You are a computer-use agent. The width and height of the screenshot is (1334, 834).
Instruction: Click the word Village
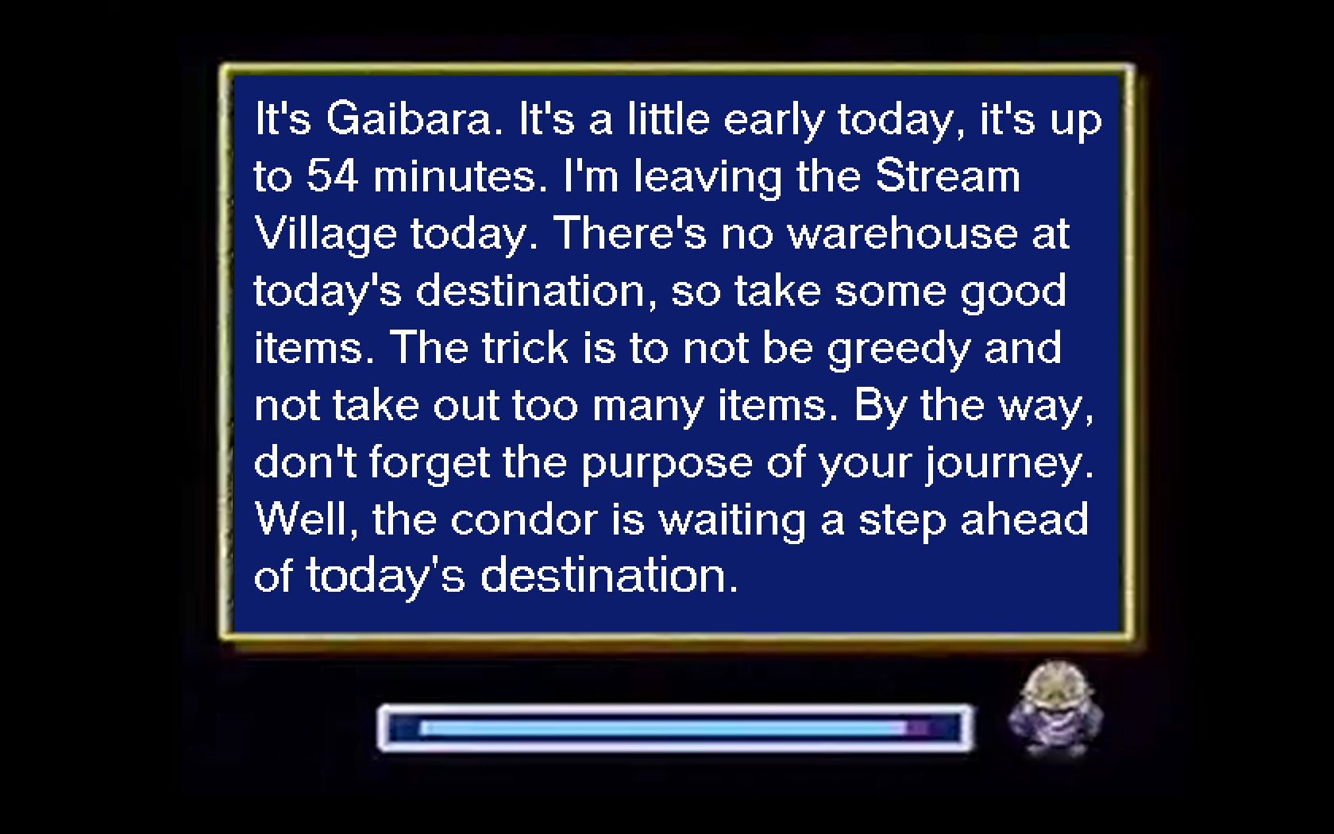coord(326,235)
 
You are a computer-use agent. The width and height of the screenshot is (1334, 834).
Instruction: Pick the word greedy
coord(899,349)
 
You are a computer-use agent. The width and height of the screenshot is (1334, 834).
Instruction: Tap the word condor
coord(524,520)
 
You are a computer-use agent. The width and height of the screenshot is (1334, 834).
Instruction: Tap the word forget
coord(430,464)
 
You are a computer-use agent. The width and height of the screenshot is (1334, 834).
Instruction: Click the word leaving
coord(707,178)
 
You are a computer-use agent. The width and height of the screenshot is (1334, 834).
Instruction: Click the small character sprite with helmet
coord(1055,709)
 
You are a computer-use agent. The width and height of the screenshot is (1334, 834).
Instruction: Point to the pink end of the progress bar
coord(918,728)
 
